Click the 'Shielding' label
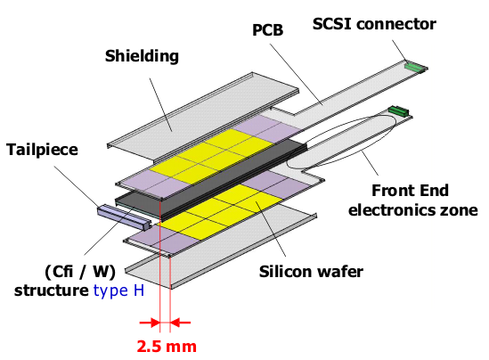143,57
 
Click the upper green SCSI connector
415,66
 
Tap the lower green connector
397,110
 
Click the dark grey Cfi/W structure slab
214,179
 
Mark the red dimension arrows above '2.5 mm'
166,322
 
